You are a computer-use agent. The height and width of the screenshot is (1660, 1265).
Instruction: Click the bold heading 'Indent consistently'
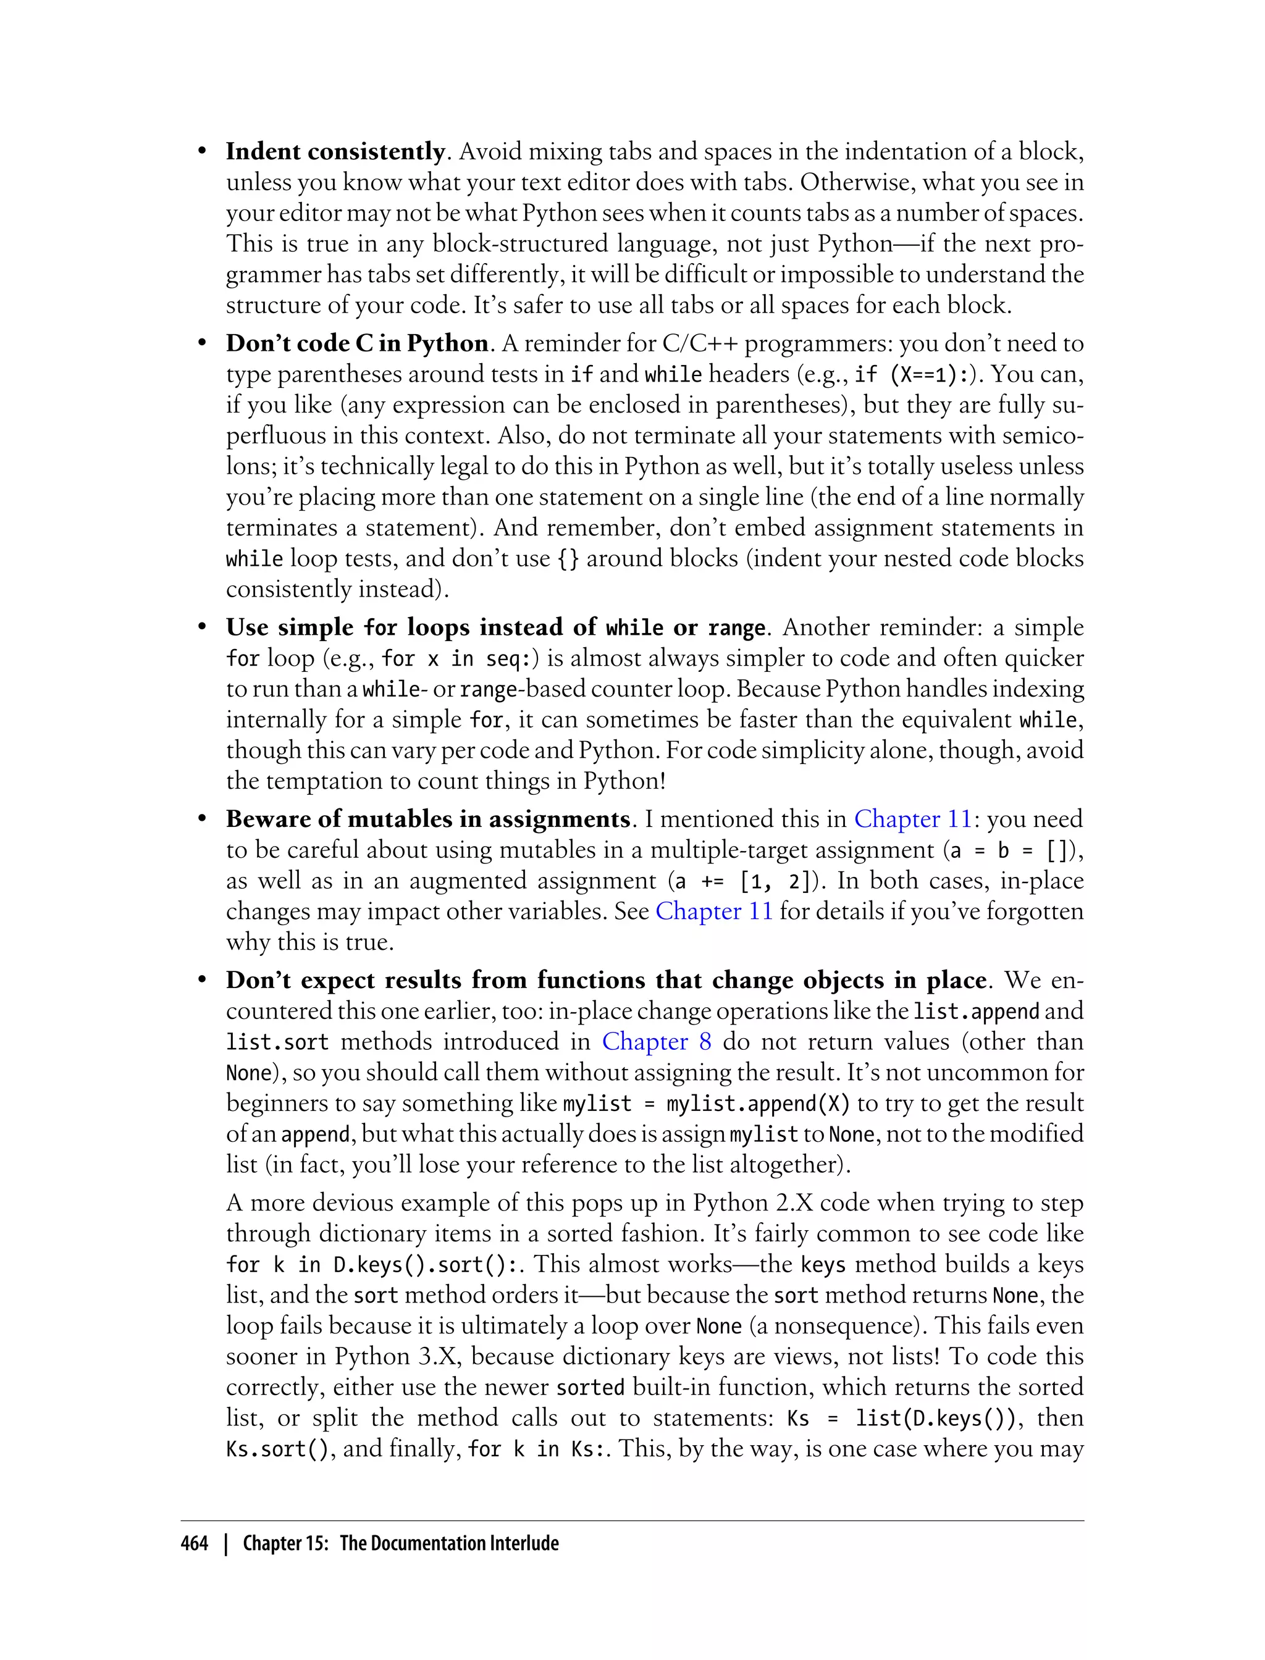point(335,151)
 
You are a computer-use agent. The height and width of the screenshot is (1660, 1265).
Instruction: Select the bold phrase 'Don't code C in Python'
point(357,343)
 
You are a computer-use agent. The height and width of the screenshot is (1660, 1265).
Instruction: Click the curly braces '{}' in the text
point(568,559)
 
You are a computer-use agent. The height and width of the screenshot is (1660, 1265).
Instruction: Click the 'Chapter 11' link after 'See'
point(714,912)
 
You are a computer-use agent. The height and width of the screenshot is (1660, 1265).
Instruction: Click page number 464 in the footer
point(195,1543)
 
